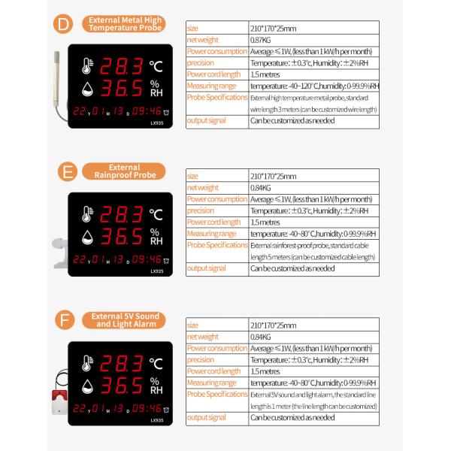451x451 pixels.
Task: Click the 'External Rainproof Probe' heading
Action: (123, 171)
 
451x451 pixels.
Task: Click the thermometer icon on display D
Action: (87, 67)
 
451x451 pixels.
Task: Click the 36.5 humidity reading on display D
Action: (123, 89)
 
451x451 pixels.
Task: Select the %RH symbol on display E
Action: (156, 236)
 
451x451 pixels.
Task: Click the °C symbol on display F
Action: (156, 363)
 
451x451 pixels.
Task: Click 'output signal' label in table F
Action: (207, 417)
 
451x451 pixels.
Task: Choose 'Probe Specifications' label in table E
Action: (216, 245)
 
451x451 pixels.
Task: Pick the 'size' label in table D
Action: (193, 28)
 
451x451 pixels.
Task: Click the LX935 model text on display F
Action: (156, 419)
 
